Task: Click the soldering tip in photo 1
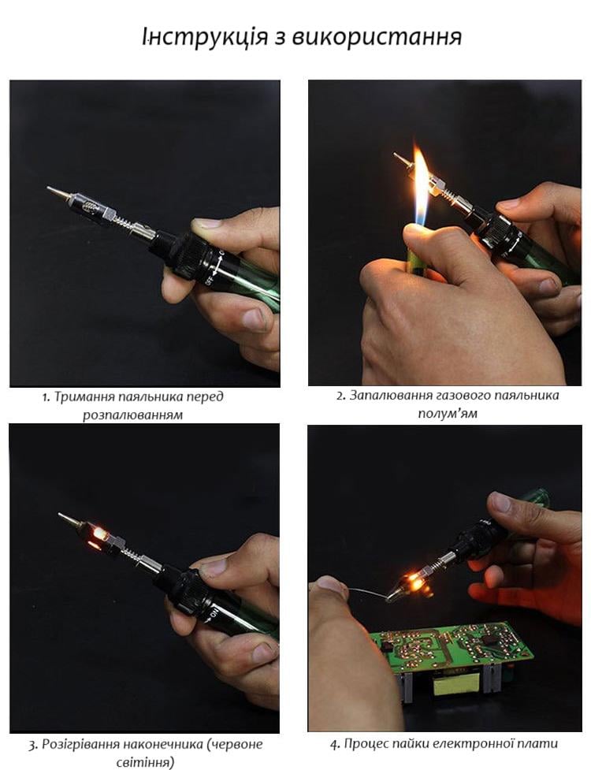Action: [x=58, y=192]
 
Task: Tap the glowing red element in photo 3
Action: [x=98, y=536]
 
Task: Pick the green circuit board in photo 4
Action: [x=452, y=648]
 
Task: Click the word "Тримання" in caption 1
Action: [x=77, y=397]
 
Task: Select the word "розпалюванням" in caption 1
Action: [x=132, y=415]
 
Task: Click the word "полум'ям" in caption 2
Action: [x=447, y=414]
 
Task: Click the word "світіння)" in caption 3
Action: [x=145, y=763]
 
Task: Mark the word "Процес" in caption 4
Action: [x=364, y=744]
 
